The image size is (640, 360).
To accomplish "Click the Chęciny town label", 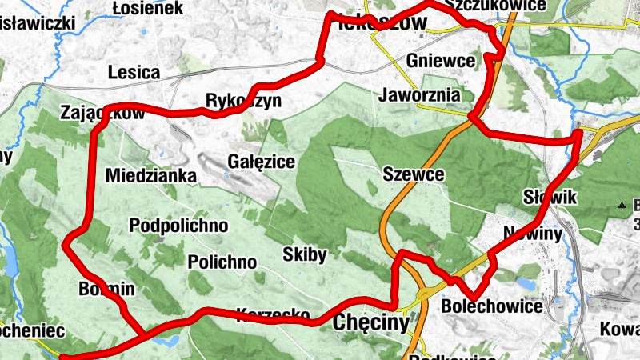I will [370, 322].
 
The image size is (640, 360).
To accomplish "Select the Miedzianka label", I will [151, 175].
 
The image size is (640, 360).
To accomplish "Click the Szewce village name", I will [413, 174].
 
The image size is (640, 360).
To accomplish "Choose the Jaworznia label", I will [421, 95].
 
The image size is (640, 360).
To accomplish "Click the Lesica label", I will [134, 73].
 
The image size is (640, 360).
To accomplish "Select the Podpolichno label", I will [178, 226].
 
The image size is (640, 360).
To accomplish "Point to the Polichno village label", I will [222, 262].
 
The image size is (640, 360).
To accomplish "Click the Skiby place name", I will [305, 255].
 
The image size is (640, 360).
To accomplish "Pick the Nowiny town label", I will [533, 233].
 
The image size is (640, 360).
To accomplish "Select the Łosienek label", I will [148, 8].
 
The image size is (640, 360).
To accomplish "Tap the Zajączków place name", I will [102, 114].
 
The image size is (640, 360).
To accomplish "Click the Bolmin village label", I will [107, 288].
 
